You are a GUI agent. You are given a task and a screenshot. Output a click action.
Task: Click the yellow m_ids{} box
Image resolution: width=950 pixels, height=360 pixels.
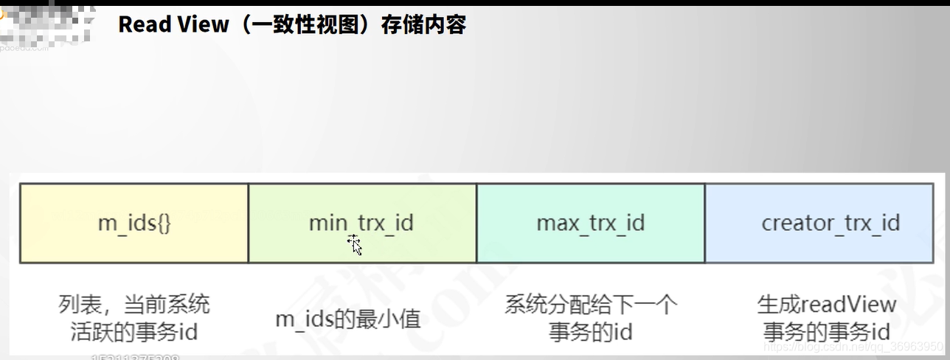click(x=134, y=223)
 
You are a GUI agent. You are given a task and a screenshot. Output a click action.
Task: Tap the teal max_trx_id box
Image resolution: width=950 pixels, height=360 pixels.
click(x=591, y=223)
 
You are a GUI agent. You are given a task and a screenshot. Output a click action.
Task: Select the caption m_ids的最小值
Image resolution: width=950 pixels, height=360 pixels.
click(x=348, y=319)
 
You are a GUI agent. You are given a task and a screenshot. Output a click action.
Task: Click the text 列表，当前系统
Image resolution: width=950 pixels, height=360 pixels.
click(x=134, y=304)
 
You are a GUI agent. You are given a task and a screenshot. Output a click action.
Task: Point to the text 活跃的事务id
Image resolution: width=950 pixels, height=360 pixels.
click(x=134, y=332)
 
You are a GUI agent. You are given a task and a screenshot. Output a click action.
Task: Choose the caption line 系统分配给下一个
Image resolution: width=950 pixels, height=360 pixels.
click(x=591, y=304)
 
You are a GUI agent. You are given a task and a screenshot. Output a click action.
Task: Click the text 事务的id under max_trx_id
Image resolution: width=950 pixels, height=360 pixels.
click(x=591, y=332)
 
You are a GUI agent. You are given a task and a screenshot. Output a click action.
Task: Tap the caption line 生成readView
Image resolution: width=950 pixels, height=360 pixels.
click(x=827, y=304)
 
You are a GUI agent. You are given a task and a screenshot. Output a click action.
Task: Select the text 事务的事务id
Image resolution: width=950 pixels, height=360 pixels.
click(x=827, y=331)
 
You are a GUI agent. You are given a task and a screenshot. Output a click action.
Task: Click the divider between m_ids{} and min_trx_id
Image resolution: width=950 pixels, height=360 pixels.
click(x=249, y=223)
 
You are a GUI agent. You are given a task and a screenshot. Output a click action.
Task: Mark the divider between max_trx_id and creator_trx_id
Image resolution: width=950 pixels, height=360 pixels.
click(x=705, y=223)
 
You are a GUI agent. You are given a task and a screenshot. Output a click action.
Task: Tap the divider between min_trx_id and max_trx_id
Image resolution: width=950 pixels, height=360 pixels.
click(x=476, y=223)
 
